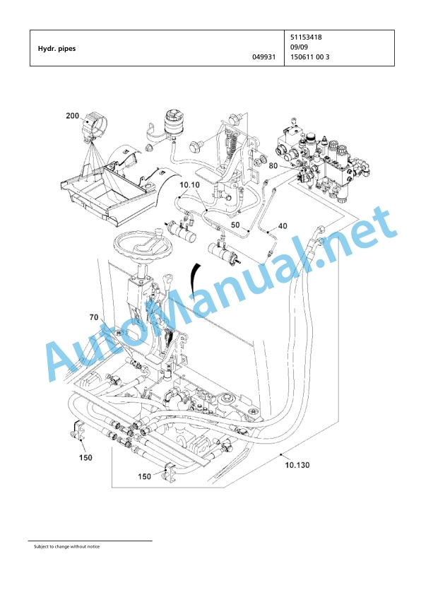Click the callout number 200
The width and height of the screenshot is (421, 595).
point(73,115)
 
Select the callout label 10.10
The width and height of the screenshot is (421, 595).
point(189,185)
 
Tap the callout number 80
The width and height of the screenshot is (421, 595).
point(273,166)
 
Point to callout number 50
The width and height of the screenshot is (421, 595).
point(235,225)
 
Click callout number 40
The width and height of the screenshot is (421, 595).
point(283,226)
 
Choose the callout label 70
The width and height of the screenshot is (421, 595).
point(94,317)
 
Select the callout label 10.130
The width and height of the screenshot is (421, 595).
point(297,465)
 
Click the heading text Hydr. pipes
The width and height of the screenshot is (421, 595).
point(57,49)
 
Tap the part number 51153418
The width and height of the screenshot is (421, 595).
point(306,37)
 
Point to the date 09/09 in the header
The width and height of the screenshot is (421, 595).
point(299,47)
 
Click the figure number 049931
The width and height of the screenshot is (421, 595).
point(264,57)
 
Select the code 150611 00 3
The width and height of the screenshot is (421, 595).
point(310,57)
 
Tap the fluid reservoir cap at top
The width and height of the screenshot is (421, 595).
point(174,114)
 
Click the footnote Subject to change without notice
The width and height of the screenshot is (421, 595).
point(67,546)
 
